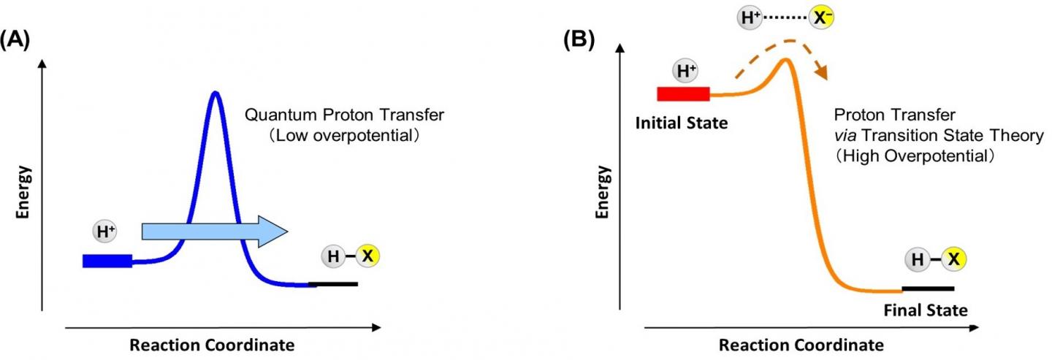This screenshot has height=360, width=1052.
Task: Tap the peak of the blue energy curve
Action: coord(215,93)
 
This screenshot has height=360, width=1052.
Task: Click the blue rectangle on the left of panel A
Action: coord(107,261)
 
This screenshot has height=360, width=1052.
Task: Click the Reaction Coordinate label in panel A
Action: coord(213,344)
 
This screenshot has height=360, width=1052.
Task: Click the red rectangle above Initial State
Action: coord(683,94)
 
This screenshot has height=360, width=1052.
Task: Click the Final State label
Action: coord(926,310)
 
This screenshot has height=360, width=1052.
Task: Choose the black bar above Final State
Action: coord(928,288)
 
